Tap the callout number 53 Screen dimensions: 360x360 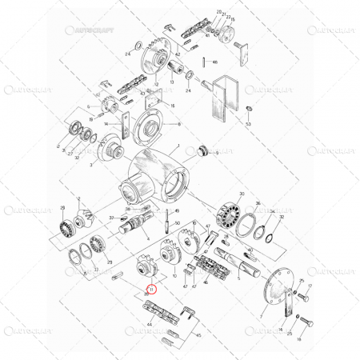pos(250,125)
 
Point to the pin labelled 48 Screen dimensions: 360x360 pos(205,62)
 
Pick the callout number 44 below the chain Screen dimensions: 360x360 pos(150,325)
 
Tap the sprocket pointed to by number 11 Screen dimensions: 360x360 pos(146,265)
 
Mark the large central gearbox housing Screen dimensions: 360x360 pos(156,176)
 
